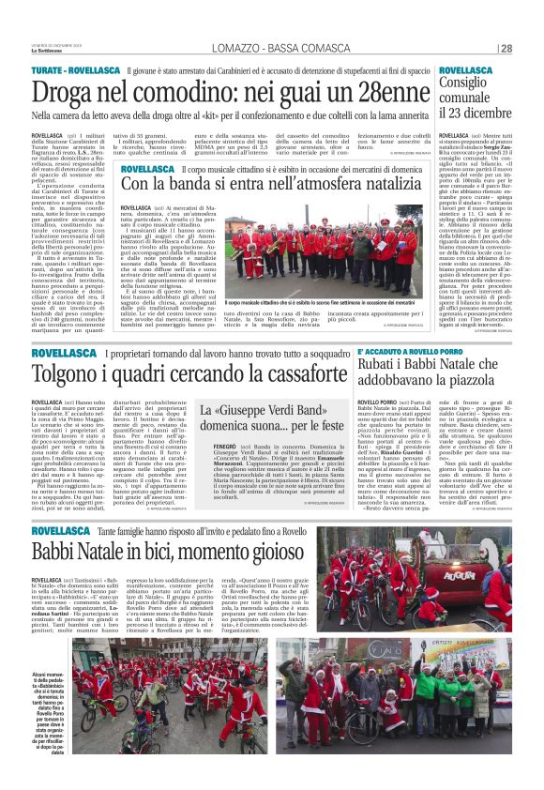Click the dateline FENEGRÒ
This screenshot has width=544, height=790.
pos(215,449)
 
